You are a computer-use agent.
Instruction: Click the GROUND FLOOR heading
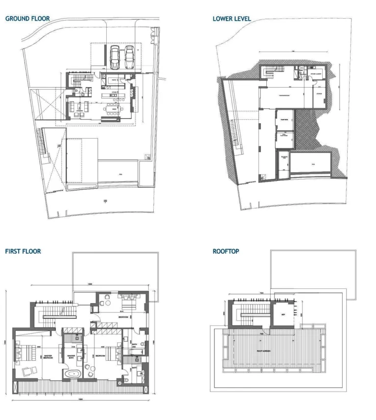coord(27,19)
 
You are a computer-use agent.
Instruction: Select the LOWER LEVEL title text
coord(232,19)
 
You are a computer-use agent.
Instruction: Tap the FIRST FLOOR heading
coord(23,251)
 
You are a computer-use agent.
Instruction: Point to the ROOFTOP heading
coord(226,251)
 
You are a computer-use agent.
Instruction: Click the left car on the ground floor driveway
coord(116,57)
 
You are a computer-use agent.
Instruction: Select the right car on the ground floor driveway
coord(129,57)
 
